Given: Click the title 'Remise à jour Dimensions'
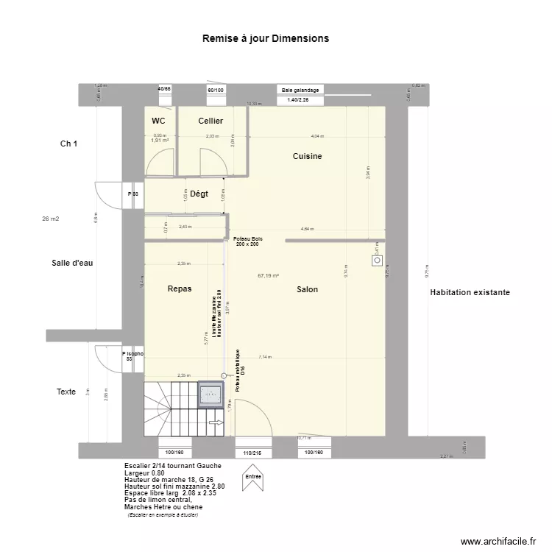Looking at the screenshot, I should click(266, 38).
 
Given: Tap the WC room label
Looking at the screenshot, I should click(158, 121).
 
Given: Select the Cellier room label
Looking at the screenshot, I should click(210, 121).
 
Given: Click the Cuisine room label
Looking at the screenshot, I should click(307, 156).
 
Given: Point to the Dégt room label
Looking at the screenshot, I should click(199, 194).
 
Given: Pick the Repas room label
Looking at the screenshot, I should click(180, 289).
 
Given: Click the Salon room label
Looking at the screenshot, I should click(307, 289).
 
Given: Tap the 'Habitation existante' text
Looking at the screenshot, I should click(470, 292).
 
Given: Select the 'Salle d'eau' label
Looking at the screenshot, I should click(72, 263).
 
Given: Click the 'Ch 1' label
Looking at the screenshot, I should click(69, 144).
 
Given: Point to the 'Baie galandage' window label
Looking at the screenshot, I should click(300, 90).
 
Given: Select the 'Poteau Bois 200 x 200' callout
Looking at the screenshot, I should click(247, 241).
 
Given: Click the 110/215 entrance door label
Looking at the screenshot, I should click(253, 453).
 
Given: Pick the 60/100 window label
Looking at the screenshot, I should click(216, 90).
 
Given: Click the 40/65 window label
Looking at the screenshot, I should click(163, 89).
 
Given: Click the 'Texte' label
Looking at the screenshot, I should click(66, 392).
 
